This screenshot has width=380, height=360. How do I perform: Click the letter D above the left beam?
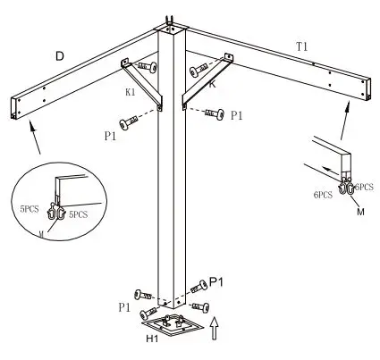pyautogui.click(x=59, y=56)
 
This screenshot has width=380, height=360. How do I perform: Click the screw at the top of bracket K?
pyautogui.click(x=197, y=71)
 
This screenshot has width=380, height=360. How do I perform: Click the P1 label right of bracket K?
pyautogui.click(x=237, y=115)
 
